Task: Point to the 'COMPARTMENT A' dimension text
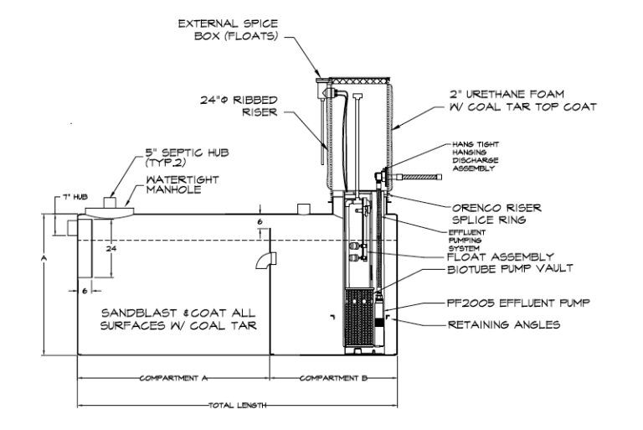(173, 378)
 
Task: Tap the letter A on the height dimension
(43, 261)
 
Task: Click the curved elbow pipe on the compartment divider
(265, 262)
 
